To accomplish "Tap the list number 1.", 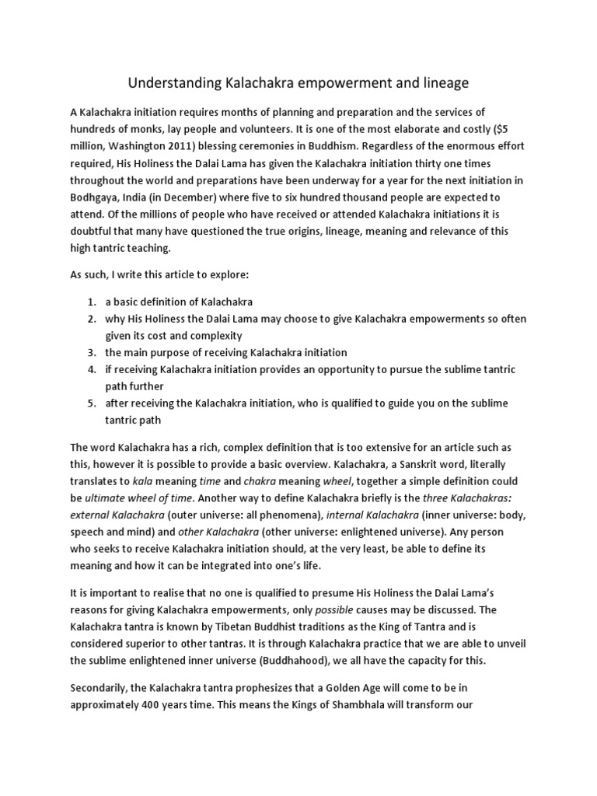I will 91,302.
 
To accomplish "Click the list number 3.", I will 91,352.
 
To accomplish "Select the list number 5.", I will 91,403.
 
